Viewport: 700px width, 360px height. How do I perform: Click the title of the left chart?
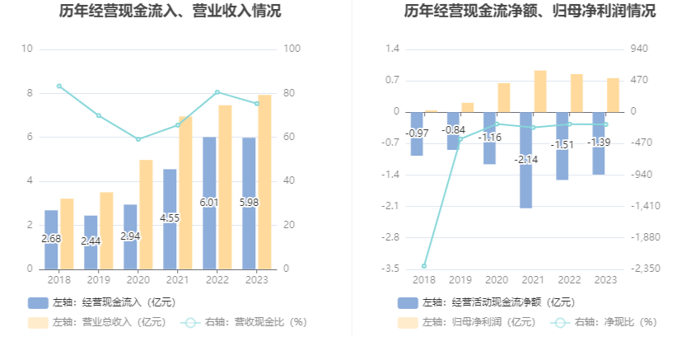click(x=170, y=10)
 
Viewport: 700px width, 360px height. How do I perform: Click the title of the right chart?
click(x=530, y=10)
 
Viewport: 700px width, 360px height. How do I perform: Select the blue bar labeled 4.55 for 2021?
click(x=170, y=219)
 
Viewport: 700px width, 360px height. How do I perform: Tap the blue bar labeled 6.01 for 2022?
click(x=209, y=203)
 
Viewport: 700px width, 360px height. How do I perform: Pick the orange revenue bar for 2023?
click(x=264, y=182)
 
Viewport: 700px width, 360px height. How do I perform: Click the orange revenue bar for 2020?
click(x=146, y=214)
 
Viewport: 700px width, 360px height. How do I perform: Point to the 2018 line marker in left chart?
click(x=59, y=86)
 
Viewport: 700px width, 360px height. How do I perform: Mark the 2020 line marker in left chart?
click(x=138, y=139)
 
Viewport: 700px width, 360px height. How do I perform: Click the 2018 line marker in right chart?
click(x=424, y=266)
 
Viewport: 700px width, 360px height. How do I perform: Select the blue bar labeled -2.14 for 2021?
click(x=526, y=160)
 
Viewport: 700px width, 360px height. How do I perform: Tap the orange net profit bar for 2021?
click(x=540, y=91)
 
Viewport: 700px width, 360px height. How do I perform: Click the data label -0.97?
click(x=417, y=133)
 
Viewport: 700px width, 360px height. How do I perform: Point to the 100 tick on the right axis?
click(x=292, y=49)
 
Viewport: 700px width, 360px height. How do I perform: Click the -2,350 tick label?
click(x=645, y=269)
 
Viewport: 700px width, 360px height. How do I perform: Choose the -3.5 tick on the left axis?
click(x=390, y=269)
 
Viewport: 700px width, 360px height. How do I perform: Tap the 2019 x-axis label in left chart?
click(x=99, y=280)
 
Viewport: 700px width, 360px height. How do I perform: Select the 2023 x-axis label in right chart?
click(x=606, y=280)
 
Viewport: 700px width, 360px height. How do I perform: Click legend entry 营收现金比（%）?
click(x=245, y=322)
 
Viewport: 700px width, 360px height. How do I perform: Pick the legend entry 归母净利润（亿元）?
click(x=467, y=322)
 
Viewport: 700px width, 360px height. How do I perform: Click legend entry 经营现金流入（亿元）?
click(x=102, y=302)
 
